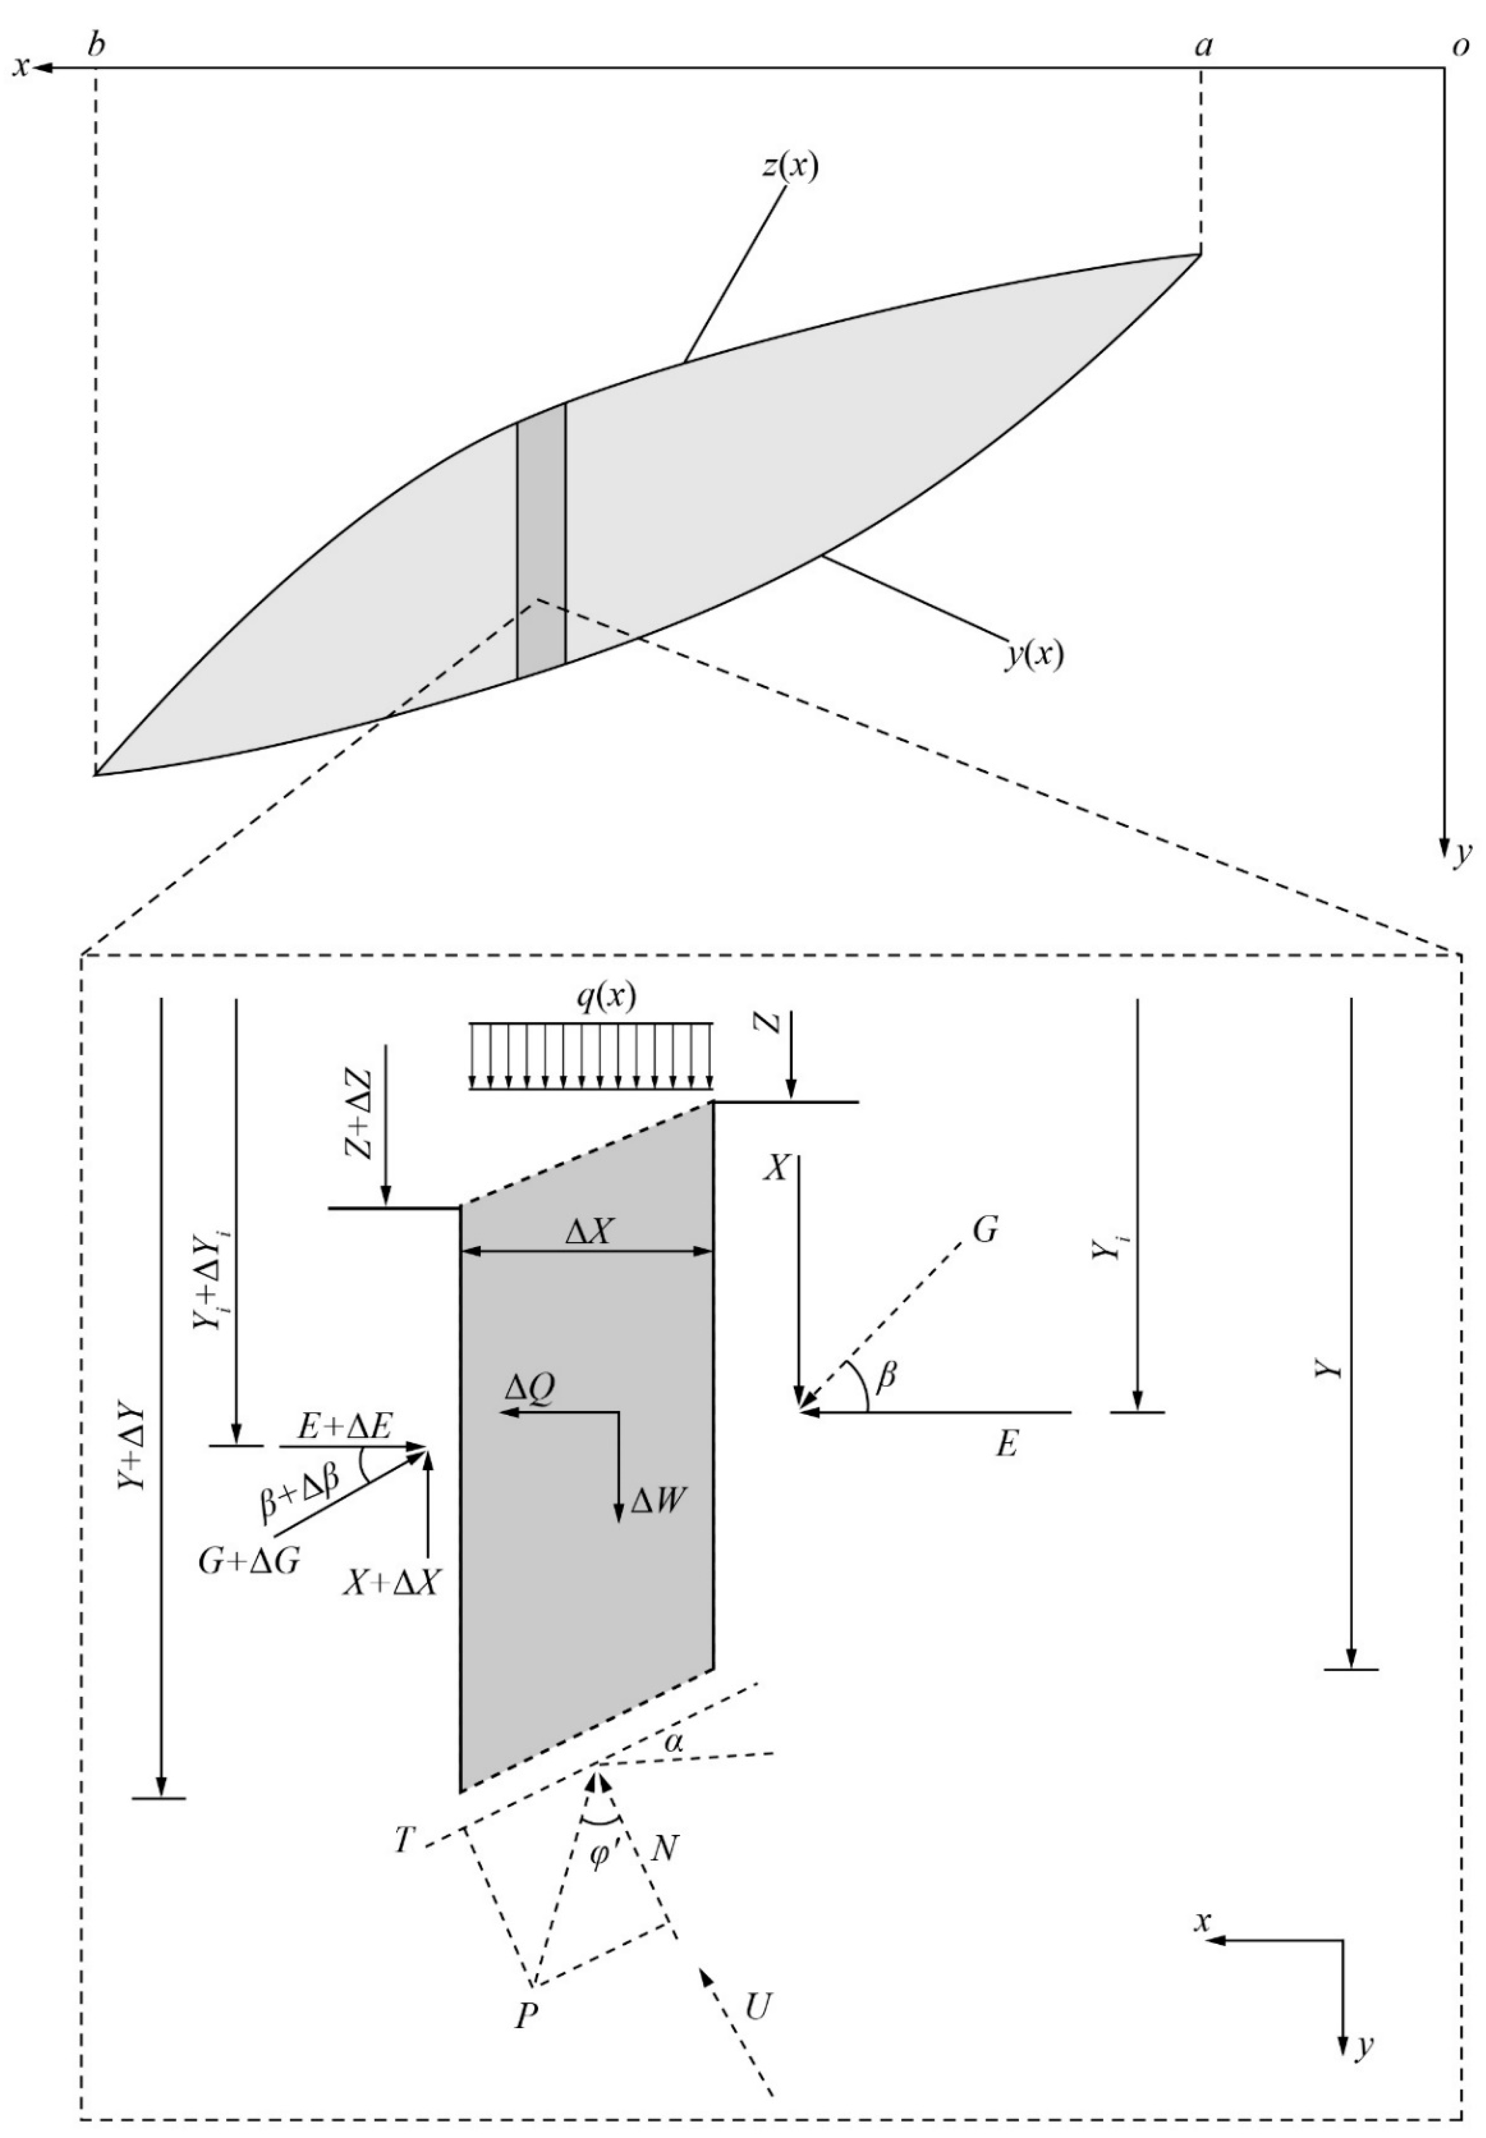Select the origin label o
pos(1459,46)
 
